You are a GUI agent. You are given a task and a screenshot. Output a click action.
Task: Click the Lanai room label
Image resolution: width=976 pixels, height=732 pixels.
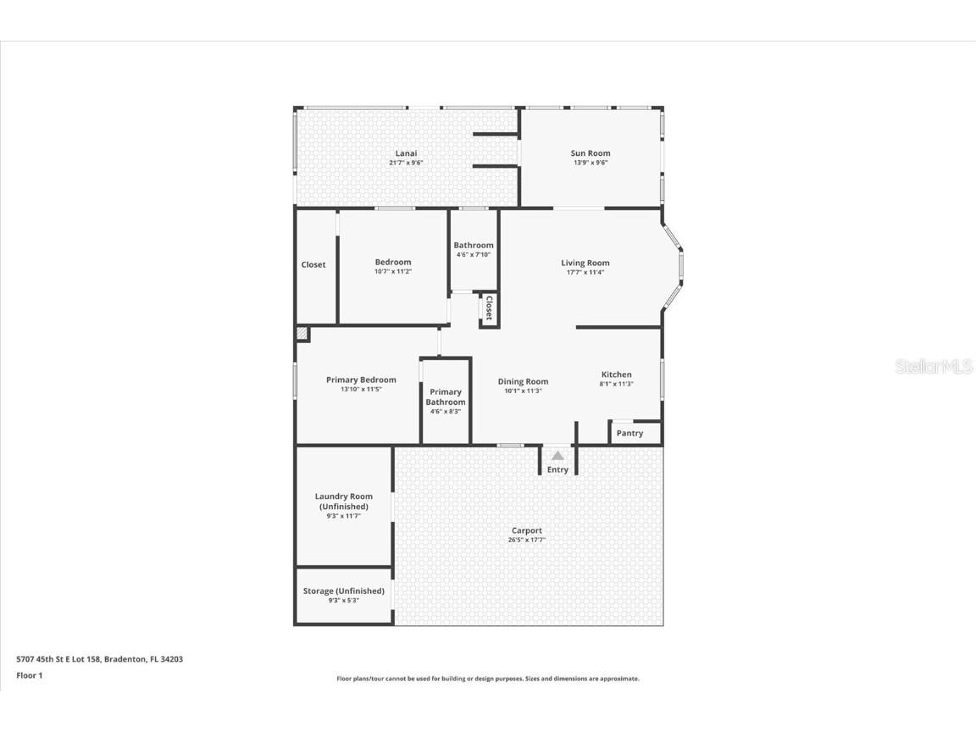(x=406, y=153)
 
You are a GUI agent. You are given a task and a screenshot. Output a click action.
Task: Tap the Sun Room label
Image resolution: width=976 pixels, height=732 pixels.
(x=591, y=153)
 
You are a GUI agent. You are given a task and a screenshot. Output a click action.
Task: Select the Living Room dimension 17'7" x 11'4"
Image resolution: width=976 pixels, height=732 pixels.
(x=585, y=273)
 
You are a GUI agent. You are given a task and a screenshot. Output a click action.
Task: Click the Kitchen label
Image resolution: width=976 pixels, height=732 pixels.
(x=616, y=374)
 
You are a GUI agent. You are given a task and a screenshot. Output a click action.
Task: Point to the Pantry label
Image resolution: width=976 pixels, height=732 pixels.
(x=629, y=433)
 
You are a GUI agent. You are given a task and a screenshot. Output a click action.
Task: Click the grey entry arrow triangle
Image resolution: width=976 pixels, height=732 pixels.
(x=557, y=456)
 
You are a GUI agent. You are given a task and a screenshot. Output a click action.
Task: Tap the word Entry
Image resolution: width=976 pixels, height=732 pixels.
(x=557, y=469)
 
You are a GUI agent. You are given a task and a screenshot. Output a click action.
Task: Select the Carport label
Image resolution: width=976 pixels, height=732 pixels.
(x=526, y=530)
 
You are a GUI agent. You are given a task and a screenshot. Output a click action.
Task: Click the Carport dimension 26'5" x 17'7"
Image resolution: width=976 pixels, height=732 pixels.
(x=526, y=540)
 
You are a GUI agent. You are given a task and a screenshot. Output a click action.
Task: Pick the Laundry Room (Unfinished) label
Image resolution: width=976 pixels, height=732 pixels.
(x=343, y=502)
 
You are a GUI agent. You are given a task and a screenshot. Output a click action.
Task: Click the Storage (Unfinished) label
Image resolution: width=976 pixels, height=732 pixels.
(x=343, y=591)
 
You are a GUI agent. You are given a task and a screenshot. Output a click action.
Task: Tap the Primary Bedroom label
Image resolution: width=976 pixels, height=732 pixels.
(x=361, y=380)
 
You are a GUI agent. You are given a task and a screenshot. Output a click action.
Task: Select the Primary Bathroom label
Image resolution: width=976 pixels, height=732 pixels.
(x=446, y=396)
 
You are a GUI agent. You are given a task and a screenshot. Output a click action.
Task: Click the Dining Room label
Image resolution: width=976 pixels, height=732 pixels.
(x=523, y=381)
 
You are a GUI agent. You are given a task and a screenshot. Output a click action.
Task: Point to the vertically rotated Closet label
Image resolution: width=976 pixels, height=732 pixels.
(x=489, y=308)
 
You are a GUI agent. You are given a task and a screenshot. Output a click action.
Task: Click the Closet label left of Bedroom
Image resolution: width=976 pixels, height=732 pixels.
(x=313, y=264)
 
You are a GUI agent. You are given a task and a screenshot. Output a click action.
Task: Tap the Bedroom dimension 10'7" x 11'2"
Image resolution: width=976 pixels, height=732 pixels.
(x=393, y=272)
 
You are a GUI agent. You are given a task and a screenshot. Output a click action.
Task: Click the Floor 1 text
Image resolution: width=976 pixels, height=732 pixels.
(x=29, y=675)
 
